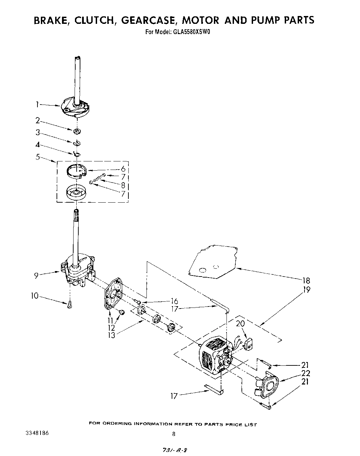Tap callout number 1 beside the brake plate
(37, 105)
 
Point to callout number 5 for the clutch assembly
(37, 157)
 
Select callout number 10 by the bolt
(34, 296)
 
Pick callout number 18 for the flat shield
(306, 280)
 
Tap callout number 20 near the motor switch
(241, 324)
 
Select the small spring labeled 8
(98, 178)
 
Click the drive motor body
(211, 354)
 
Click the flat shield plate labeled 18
(213, 262)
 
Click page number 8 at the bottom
(174, 434)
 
